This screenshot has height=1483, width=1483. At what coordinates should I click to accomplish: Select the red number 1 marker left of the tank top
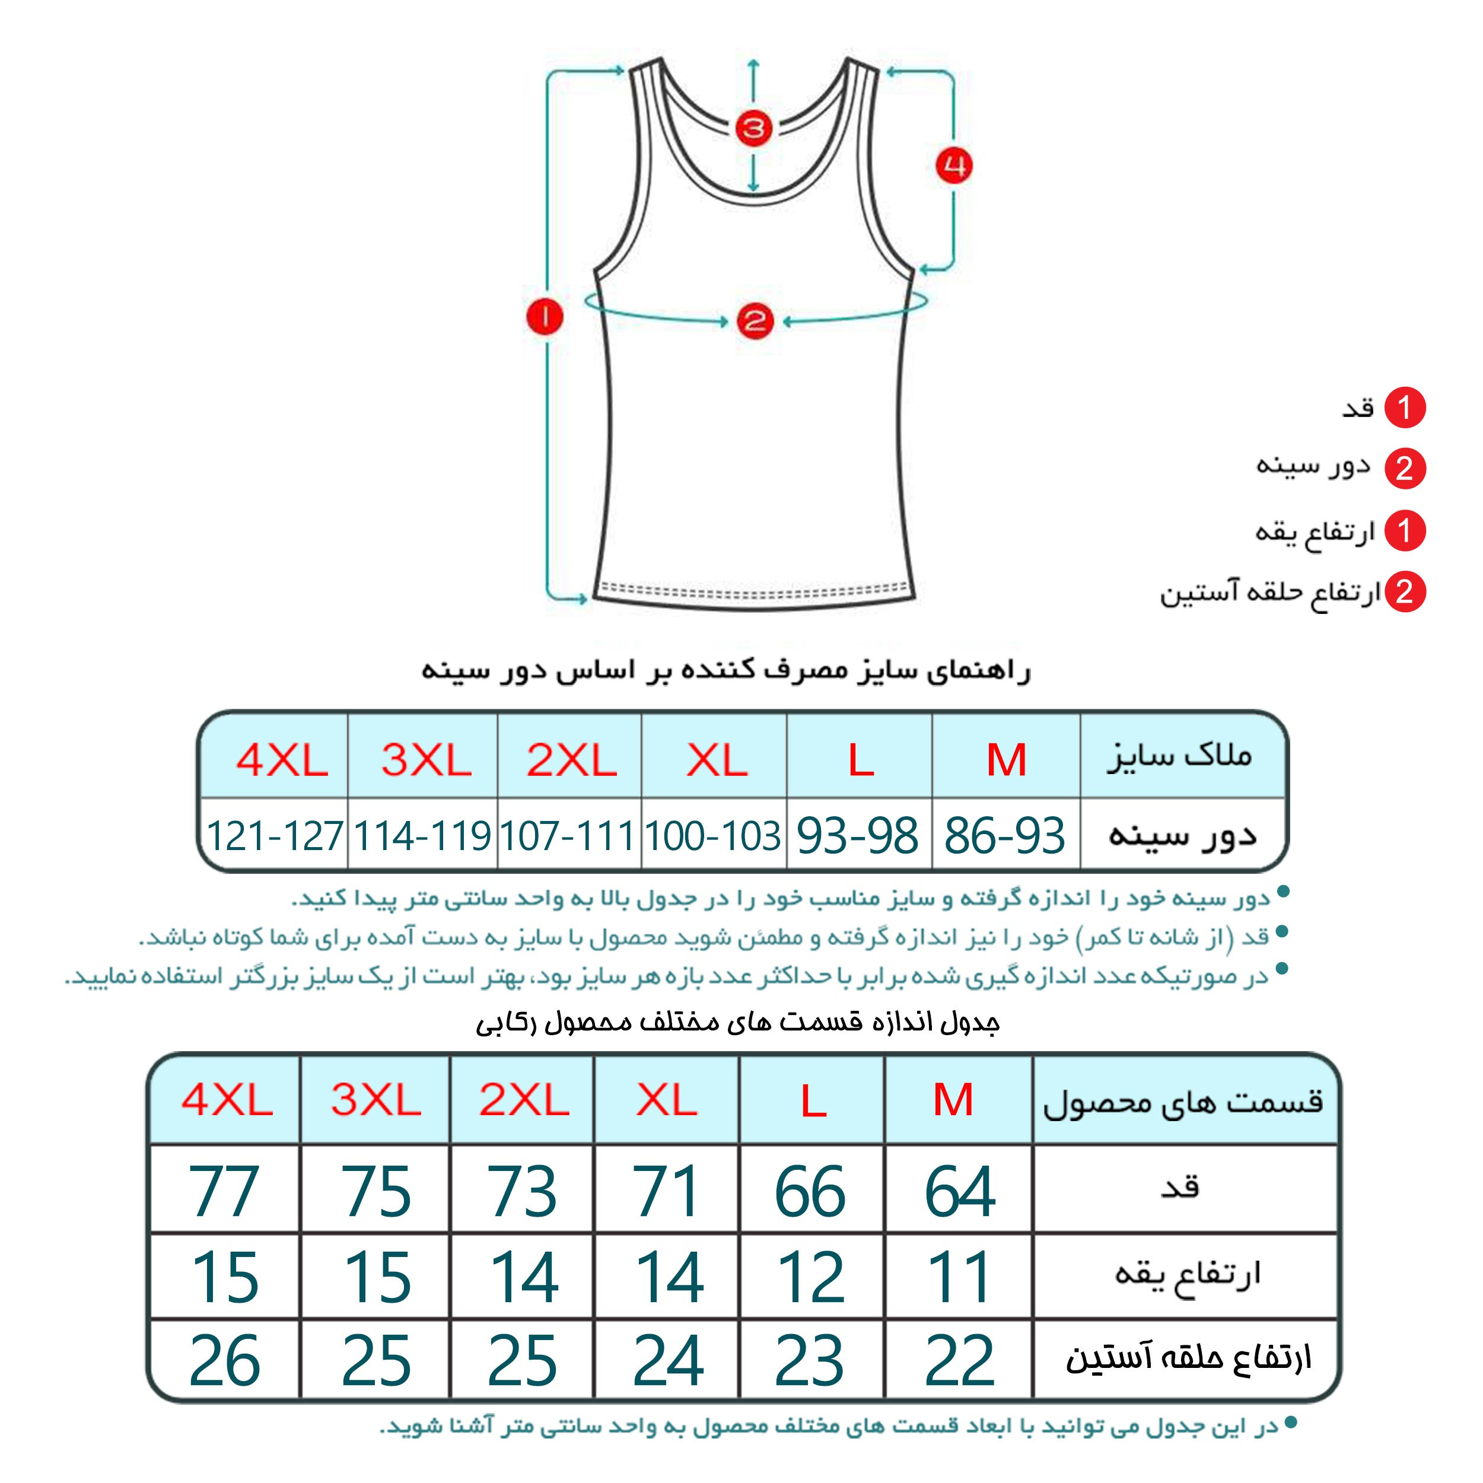click(x=545, y=316)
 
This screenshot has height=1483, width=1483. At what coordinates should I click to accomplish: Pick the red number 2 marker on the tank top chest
click(x=754, y=320)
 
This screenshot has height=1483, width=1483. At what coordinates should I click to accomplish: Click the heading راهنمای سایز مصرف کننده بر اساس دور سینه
click(x=725, y=671)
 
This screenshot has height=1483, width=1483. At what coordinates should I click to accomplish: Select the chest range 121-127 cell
click(x=275, y=835)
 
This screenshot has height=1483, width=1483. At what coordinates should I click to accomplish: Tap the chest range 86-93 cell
click(x=1005, y=835)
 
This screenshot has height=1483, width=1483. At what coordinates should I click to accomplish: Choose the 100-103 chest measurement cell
click(x=713, y=835)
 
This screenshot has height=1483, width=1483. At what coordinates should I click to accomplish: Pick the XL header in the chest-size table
click(x=716, y=760)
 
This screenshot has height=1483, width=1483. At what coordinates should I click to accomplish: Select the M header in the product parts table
click(x=953, y=1099)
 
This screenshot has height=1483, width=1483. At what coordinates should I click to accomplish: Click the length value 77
click(x=224, y=1191)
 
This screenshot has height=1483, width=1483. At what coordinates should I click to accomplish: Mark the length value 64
click(x=959, y=1191)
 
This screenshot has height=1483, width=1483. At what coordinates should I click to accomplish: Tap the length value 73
click(x=522, y=1191)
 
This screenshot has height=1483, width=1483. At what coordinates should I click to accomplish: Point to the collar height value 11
click(x=959, y=1277)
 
